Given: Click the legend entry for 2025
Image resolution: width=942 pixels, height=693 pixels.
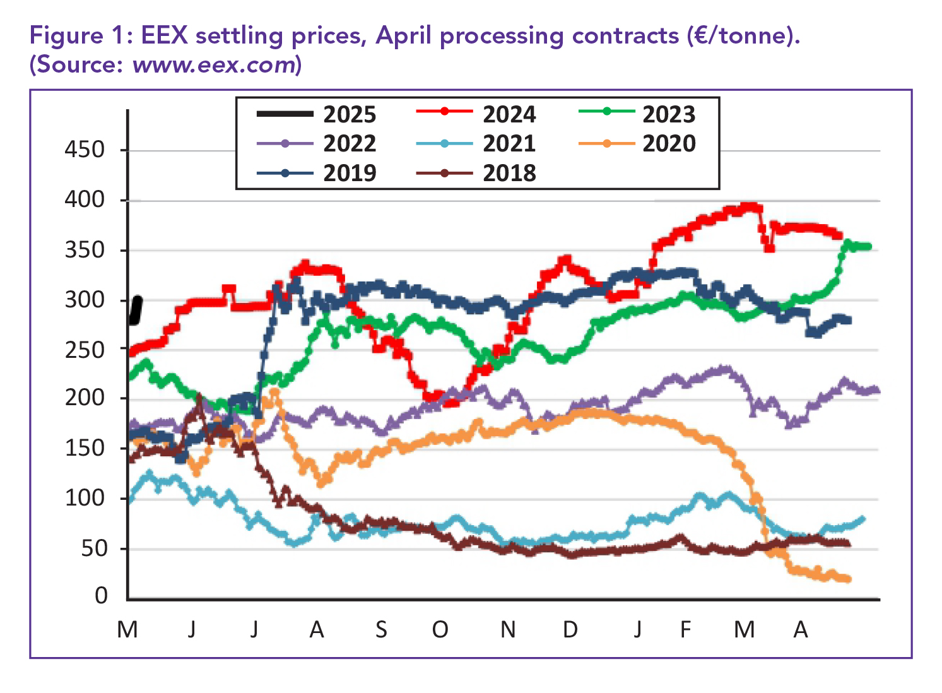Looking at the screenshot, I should click(349, 114).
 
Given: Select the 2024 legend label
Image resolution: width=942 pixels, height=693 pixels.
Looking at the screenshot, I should click(509, 114).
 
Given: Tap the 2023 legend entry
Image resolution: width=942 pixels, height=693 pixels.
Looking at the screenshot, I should click(668, 114).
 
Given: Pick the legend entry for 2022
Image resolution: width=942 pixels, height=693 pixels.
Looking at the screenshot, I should click(349, 143).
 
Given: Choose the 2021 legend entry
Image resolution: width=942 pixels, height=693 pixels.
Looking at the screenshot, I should click(509, 143).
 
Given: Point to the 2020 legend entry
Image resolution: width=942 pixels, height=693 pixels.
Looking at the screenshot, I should click(668, 143).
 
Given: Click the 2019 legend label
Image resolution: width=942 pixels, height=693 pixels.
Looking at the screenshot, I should click(349, 172).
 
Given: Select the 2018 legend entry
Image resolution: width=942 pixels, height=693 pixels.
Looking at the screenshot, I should click(509, 172).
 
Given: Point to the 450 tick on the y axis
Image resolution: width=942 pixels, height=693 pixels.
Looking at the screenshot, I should click(85, 150).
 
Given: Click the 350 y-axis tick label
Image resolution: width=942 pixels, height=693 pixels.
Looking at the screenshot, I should click(85, 250).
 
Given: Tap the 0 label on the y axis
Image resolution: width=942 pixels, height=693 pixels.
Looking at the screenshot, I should click(101, 595).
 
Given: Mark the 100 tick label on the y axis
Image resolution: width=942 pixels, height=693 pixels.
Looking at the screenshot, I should click(85, 498).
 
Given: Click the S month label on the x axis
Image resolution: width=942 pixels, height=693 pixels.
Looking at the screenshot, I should click(381, 629).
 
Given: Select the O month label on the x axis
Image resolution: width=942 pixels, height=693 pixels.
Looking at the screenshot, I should click(440, 629).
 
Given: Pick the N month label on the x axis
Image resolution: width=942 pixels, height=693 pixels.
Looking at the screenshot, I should click(508, 629).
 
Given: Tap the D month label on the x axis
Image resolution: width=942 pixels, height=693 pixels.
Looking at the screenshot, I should click(570, 629).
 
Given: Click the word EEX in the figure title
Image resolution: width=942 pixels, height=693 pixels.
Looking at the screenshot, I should click(164, 35).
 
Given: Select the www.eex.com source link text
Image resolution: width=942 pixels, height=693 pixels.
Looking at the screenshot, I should click(214, 64).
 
